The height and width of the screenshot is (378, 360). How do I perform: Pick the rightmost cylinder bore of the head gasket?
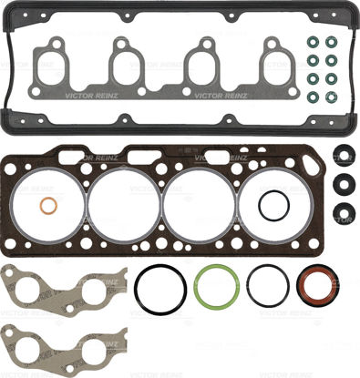click(274, 204)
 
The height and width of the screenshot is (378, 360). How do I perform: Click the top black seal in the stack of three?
click(344, 152)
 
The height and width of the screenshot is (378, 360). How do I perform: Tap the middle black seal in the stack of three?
click(344, 182)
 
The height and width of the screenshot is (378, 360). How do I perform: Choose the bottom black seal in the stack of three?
click(344, 213)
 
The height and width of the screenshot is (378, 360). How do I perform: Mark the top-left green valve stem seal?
click(313, 43)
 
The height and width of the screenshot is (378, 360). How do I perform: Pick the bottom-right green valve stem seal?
click(331, 96)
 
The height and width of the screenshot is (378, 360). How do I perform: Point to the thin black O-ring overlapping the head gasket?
click(273, 205)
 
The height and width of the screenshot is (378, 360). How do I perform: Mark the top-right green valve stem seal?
click(331, 43)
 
